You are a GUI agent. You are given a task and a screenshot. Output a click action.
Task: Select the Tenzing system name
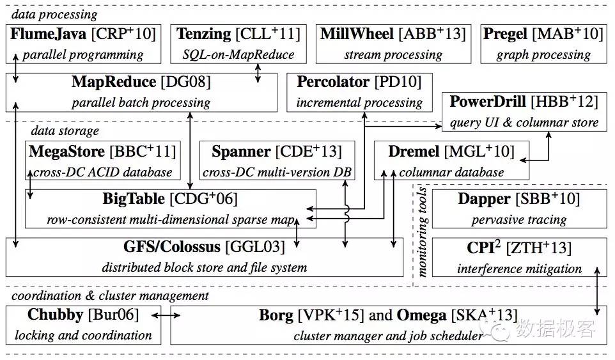204,34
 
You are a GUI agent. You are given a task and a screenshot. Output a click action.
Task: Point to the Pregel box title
506,34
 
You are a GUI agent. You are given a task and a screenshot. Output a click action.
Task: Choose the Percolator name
333,82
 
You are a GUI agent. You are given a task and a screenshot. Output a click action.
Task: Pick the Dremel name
413,152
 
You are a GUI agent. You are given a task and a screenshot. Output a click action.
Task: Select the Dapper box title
484,199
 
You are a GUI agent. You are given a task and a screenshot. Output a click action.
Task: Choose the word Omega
419,315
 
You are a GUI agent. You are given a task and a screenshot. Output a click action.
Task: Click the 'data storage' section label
65,131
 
